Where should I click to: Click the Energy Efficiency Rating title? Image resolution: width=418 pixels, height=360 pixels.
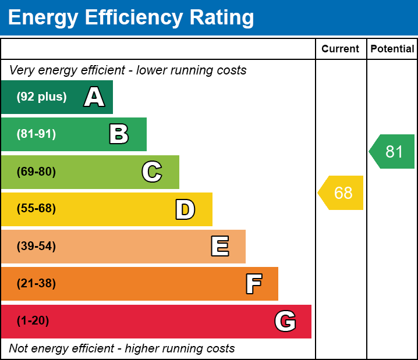(x=131, y=18)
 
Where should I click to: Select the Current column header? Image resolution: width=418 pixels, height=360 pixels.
(x=341, y=49)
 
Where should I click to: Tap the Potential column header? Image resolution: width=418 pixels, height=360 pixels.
(x=392, y=49)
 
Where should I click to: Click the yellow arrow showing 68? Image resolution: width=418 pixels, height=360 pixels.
(x=341, y=193)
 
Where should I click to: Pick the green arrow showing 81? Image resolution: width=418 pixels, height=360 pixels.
(x=392, y=152)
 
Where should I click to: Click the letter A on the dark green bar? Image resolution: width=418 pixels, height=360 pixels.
(x=94, y=97)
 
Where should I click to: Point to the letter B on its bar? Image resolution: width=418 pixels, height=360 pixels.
(x=119, y=134)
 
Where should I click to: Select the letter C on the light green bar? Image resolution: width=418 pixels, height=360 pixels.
(x=152, y=172)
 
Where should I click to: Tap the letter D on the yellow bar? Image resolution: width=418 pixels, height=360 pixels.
(x=185, y=209)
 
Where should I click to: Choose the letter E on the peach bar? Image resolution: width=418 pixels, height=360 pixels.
(x=219, y=247)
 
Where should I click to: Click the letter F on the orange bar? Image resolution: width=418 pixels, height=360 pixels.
(x=253, y=284)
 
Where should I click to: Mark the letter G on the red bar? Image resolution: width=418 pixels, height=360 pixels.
(x=285, y=321)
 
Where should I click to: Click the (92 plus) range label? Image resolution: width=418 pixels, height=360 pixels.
(x=41, y=97)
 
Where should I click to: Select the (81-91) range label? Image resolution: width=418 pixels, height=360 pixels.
(x=36, y=134)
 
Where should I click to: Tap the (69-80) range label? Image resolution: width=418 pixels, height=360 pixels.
(x=36, y=172)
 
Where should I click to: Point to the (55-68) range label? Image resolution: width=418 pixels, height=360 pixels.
(x=36, y=209)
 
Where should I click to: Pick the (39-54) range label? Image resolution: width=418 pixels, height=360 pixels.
(x=36, y=246)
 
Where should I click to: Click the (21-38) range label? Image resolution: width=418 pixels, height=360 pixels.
(x=36, y=284)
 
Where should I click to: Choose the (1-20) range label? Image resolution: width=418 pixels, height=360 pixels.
(x=33, y=321)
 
